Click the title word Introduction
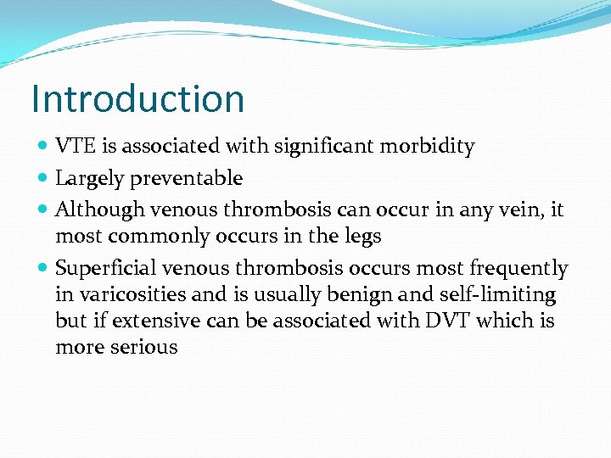pyautogui.click(x=137, y=99)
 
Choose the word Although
pyautogui.click(x=94, y=209)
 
